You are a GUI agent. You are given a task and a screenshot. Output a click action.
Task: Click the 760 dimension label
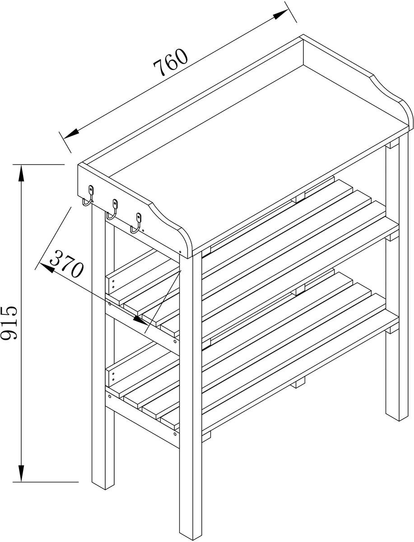coord(171,62)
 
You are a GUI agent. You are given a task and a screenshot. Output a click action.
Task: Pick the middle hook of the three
coord(113,210)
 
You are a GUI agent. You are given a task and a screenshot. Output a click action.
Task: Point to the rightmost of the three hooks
coord(137,223)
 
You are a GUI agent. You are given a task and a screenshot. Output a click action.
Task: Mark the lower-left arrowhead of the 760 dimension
coord(71,133)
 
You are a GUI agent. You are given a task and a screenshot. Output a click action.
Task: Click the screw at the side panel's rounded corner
coord(181,252)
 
